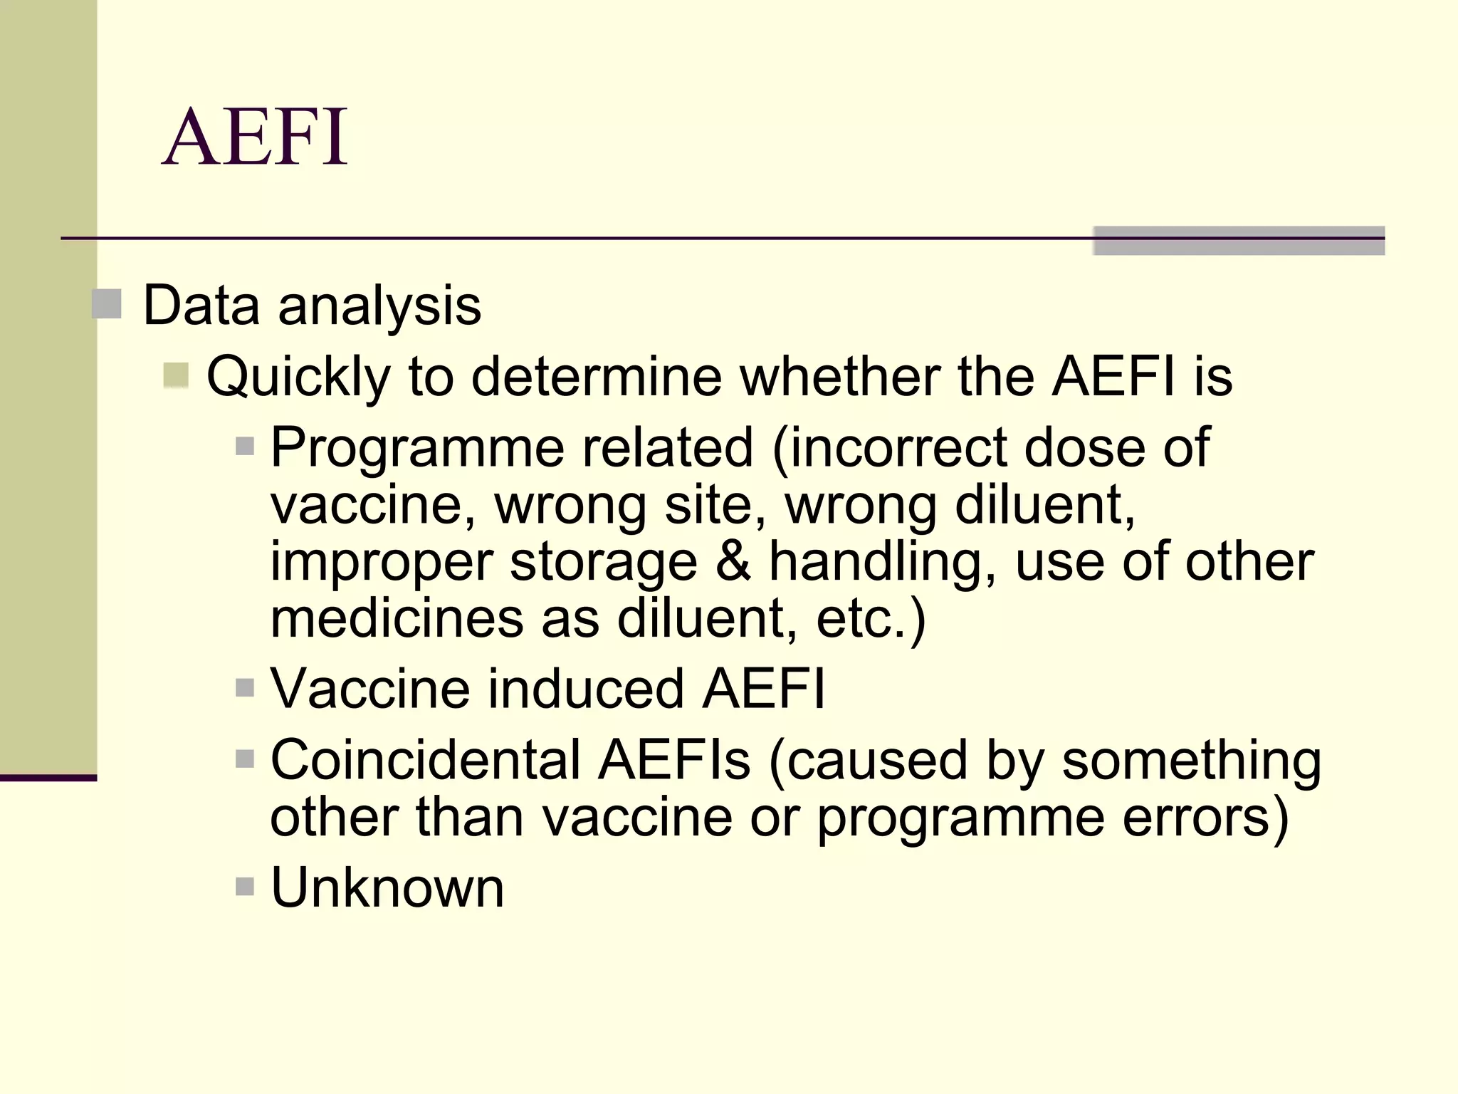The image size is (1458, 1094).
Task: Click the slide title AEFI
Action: coord(255,137)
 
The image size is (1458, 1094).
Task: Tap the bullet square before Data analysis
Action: coord(107,304)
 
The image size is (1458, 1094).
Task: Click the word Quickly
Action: coord(298,377)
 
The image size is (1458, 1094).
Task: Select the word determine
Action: coord(597,377)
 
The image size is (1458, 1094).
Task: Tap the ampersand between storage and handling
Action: coord(733,561)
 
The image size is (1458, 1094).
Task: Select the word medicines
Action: coord(396,618)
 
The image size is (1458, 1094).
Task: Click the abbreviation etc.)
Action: coord(871,618)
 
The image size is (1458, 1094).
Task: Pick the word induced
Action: coord(585,689)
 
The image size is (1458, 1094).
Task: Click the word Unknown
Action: coord(387,887)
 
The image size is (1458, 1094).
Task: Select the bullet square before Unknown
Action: coord(244,887)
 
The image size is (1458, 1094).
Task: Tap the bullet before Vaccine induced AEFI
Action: coord(244,688)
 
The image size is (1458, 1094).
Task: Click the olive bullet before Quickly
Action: coord(176,375)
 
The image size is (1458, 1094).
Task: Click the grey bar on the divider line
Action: coord(1238,241)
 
